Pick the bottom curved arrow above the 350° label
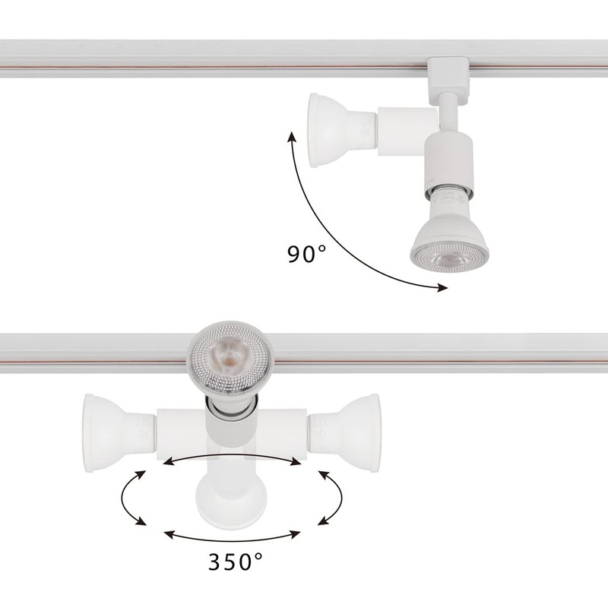[233, 534]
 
